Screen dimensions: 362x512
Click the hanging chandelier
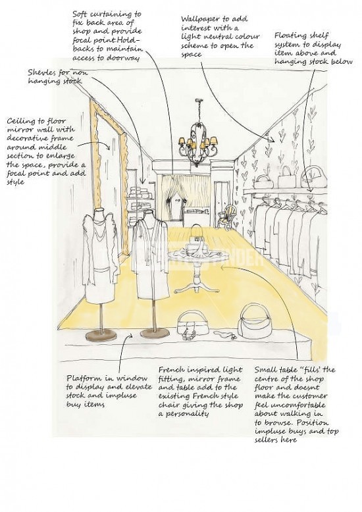point(198,141)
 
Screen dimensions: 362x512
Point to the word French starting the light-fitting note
point(172,370)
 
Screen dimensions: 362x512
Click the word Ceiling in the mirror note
point(20,122)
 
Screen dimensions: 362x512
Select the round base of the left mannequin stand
point(101,336)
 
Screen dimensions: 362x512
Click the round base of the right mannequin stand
point(155,333)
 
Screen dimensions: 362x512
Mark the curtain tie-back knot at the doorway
point(170,199)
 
